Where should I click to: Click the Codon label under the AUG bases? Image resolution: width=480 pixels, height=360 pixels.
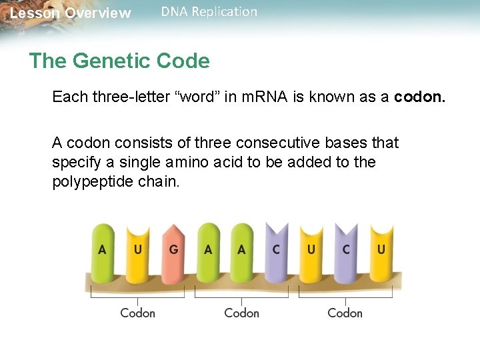point(137,313)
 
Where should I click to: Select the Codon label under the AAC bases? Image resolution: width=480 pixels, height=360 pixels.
point(241,313)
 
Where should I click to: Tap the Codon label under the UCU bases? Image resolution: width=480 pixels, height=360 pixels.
point(345,313)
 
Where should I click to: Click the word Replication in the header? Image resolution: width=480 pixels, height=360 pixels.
point(224,11)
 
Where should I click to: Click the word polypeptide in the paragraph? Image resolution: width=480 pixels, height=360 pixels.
point(87,182)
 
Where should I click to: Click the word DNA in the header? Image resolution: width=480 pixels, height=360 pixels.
point(175,11)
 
